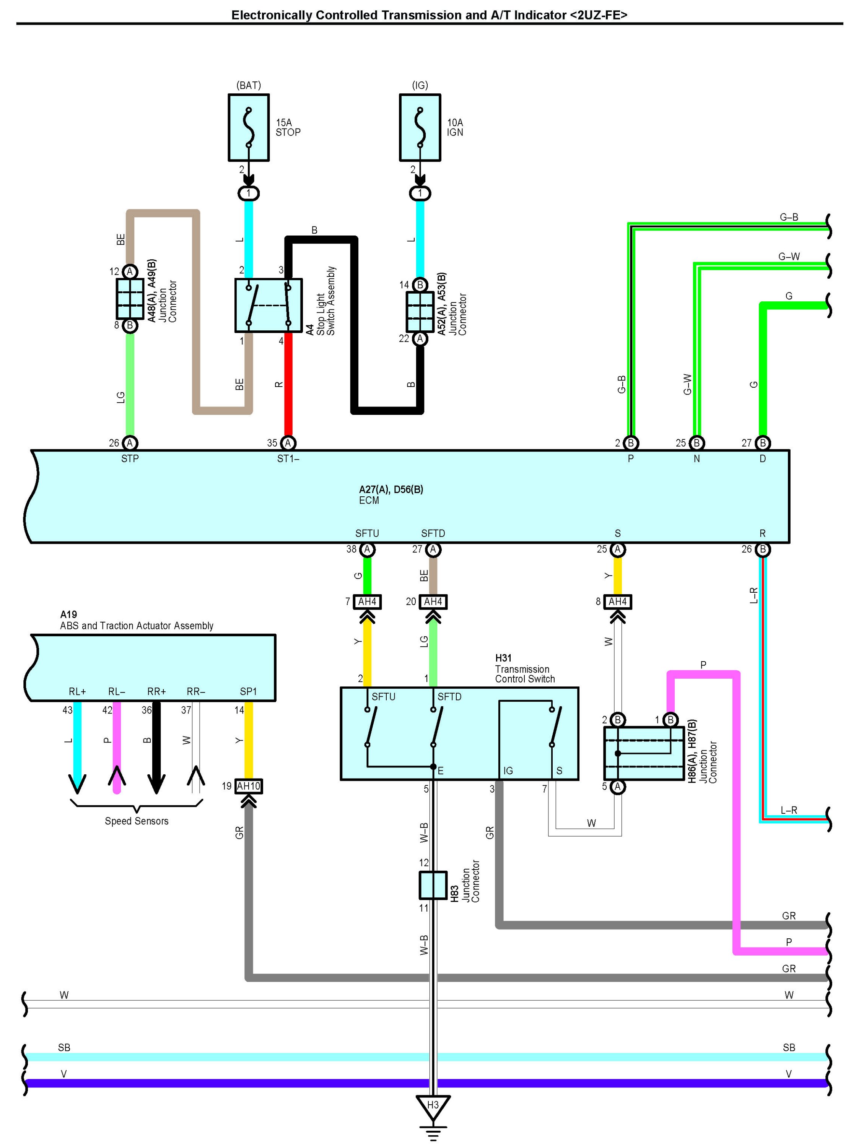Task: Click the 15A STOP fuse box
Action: tap(249, 127)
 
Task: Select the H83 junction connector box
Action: tap(433, 885)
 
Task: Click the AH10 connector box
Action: tap(248, 786)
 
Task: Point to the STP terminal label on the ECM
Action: tap(130, 458)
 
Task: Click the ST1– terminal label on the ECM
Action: tap(288, 458)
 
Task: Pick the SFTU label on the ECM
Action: tap(367, 533)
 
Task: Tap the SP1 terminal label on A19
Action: tap(248, 691)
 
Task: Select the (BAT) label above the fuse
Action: tap(249, 85)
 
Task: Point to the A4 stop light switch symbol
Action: tap(269, 305)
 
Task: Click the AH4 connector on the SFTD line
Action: tap(433, 601)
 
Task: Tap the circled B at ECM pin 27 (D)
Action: tap(763, 443)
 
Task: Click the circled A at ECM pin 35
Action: tap(288, 443)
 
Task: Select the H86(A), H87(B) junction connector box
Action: tap(644, 753)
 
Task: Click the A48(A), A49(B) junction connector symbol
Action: tap(130, 298)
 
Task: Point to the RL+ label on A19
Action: tap(77, 691)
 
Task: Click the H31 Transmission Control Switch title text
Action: tap(524, 668)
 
